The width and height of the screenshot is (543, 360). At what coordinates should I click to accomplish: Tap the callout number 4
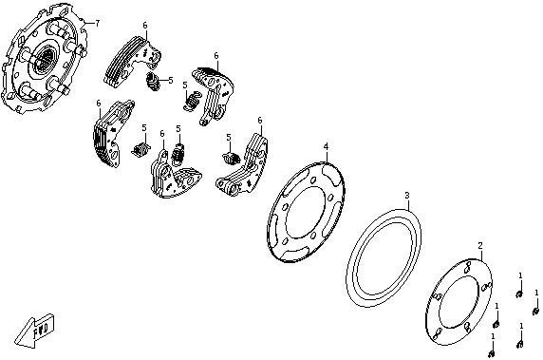pyautogui.click(x=326, y=147)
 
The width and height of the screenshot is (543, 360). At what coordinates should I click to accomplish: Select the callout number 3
pyautogui.click(x=406, y=196)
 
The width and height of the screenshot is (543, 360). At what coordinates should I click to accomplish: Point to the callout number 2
pyautogui.click(x=480, y=246)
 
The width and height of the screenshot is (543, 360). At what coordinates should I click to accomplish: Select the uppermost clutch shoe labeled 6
pyautogui.click(x=133, y=55)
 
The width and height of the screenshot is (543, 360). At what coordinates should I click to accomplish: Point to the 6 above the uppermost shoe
pyautogui.click(x=144, y=25)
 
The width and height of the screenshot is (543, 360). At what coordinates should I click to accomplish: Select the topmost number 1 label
pyautogui.click(x=520, y=275)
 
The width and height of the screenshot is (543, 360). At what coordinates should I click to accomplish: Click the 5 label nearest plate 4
pyautogui.click(x=228, y=137)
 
